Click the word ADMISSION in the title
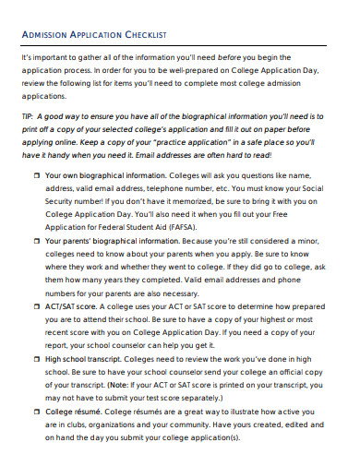(42, 35)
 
